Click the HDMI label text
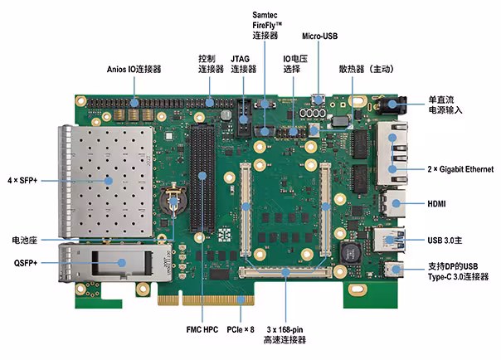436,204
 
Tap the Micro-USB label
320,36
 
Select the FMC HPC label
202,329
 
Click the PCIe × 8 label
241,329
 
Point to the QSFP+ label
26,263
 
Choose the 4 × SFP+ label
22,181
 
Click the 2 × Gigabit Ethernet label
460,169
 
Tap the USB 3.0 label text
445,241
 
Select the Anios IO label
134,69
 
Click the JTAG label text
244,64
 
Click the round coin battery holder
173,199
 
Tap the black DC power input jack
391,105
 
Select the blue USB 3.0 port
389,240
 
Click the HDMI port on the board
392,203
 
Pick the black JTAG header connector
244,118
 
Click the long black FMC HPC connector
202,178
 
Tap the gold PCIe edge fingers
206,300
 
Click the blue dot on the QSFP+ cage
121,263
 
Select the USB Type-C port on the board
393,270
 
